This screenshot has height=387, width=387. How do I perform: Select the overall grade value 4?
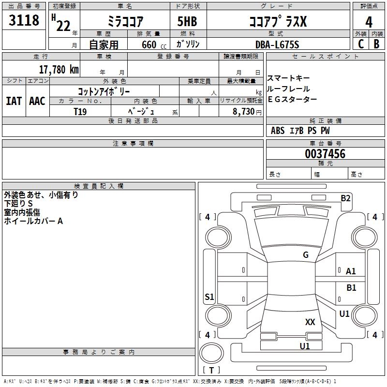coord(369,22)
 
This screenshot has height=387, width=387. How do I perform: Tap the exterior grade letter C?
coord(361,44)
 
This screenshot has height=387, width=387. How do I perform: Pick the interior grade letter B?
coord(376,44)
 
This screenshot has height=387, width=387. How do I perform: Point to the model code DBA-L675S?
coord(277,45)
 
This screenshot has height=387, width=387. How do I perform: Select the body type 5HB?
coord(187,22)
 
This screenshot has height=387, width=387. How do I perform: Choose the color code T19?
coord(80,111)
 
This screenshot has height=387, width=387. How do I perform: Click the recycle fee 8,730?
coord(243,112)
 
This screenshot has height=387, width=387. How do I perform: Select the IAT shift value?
coord(14,101)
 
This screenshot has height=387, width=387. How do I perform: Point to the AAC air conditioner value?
coord(37,101)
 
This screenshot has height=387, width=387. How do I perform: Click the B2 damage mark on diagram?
coord(345,198)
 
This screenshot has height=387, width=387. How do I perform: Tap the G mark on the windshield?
coord(305,255)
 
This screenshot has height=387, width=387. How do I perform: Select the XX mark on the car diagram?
coord(310,322)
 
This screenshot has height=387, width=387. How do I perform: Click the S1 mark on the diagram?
coord(209,297)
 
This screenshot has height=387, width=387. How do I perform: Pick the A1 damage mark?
coord(351,271)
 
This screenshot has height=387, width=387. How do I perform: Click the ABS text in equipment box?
coord(278,131)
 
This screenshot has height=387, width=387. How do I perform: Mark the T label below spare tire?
coord(211,370)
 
